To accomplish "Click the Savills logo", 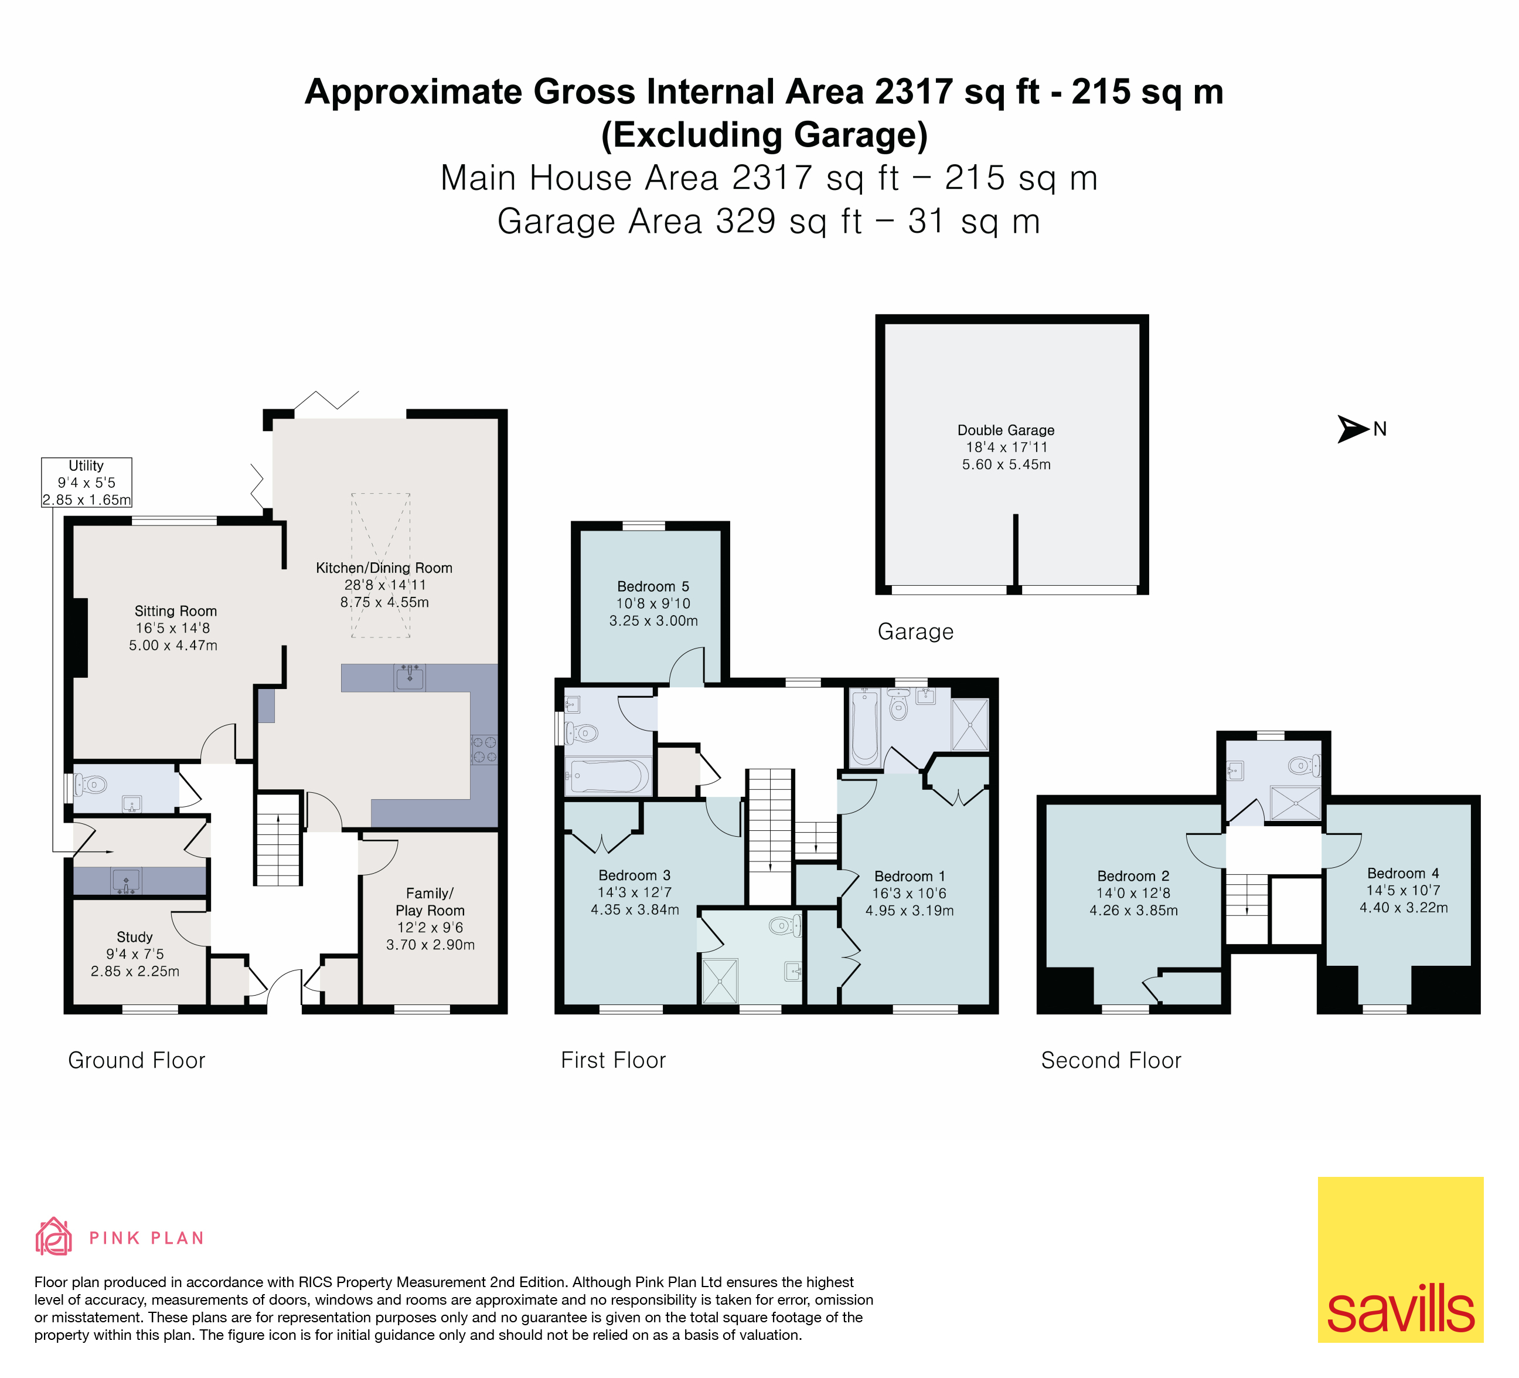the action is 1400,1259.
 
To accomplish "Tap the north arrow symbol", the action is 1353,429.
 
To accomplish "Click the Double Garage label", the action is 1006,447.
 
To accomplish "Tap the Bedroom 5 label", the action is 653,603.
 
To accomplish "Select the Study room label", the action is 135,953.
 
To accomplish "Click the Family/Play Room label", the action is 430,919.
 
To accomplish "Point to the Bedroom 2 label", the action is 1133,893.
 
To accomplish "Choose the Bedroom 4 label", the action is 1403,890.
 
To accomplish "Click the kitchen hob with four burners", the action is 483,749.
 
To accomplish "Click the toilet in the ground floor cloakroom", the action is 90,785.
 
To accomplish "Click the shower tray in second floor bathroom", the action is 1295,803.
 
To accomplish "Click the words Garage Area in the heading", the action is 598,222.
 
